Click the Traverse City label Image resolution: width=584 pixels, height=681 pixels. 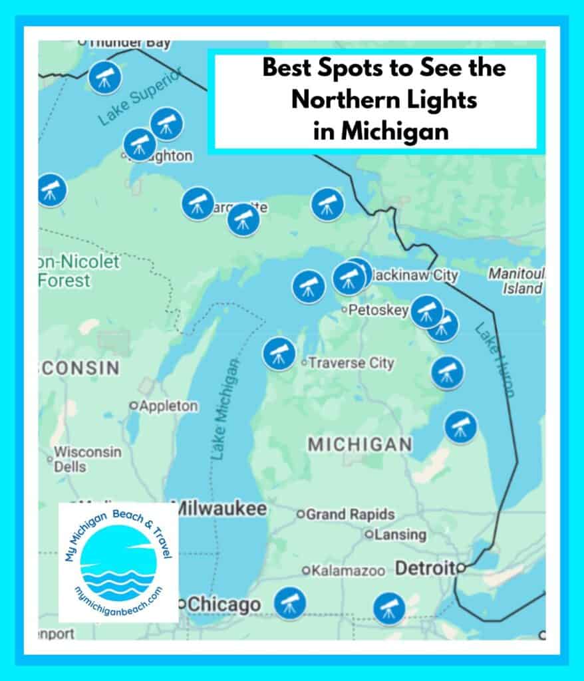pos(351,363)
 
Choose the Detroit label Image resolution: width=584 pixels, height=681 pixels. pos(425,568)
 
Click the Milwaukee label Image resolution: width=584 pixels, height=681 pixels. pos(219,509)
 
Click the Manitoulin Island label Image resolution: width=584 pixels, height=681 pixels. pos(516,281)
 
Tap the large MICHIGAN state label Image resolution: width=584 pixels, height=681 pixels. pos(360,445)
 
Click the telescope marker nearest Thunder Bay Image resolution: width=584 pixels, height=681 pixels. pos(105,78)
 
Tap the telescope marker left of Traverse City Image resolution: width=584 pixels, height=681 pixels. pos(279,354)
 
